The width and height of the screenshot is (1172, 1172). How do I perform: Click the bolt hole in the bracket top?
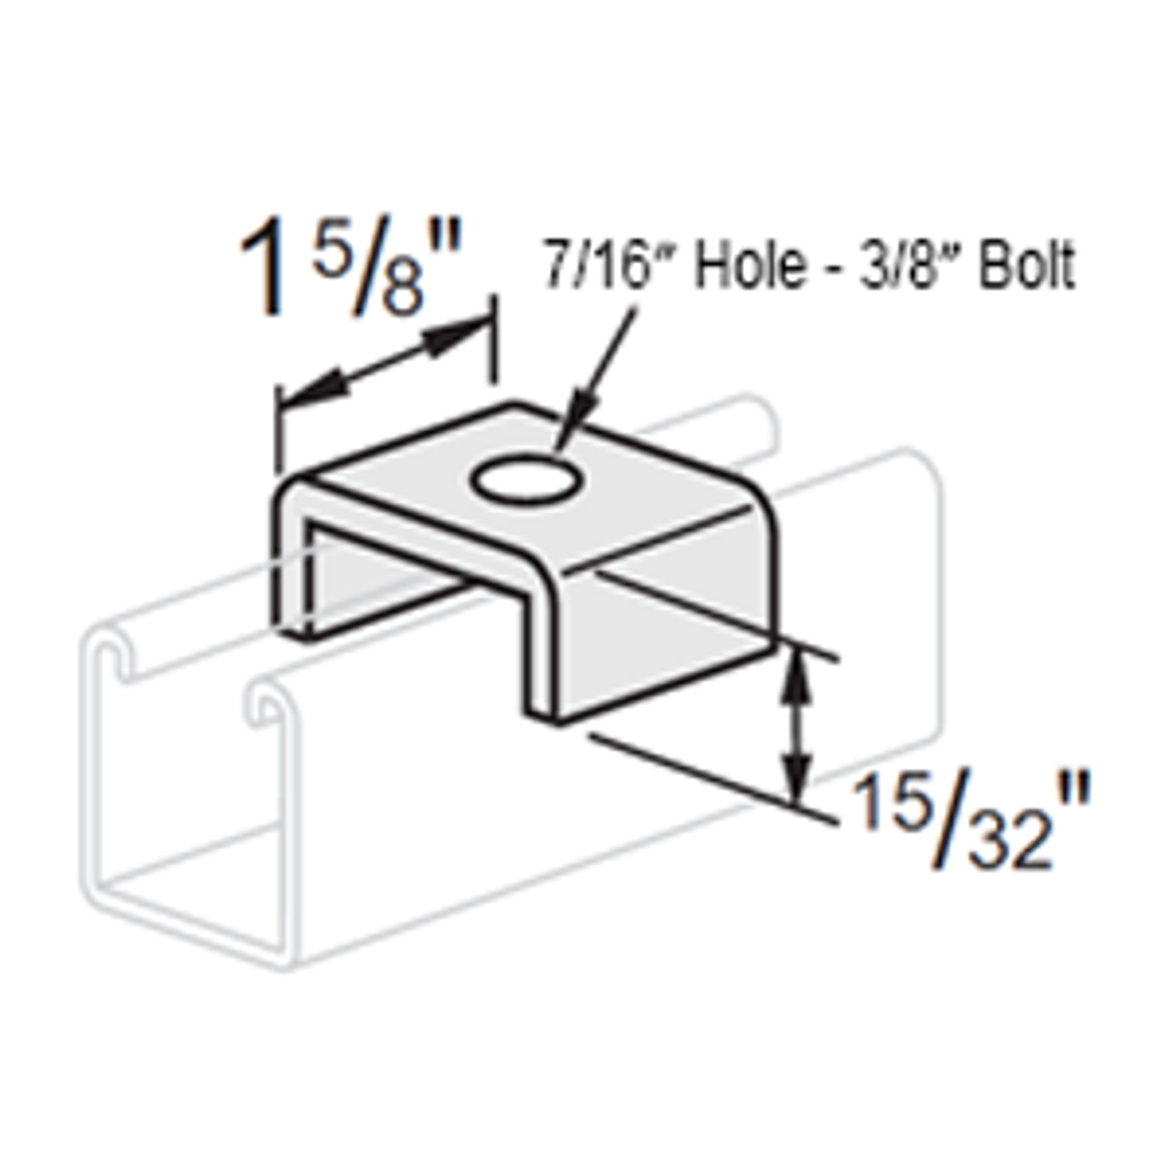point(526,479)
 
